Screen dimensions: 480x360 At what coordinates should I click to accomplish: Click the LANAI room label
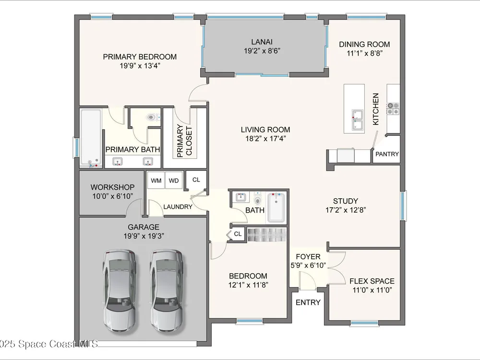(x=262, y=42)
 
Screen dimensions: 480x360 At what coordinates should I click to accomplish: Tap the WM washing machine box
(x=156, y=180)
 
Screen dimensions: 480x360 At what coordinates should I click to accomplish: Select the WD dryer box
(x=174, y=180)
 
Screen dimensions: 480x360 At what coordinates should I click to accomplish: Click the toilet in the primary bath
(x=153, y=117)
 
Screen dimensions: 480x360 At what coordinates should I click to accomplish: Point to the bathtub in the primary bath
(x=91, y=138)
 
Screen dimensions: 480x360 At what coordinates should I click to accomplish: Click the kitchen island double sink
(x=357, y=120)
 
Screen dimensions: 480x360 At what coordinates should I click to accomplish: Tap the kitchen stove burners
(x=393, y=108)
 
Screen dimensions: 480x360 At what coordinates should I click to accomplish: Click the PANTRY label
(x=387, y=154)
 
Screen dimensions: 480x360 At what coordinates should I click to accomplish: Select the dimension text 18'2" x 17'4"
(x=265, y=139)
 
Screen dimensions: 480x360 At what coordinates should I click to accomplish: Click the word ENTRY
(x=308, y=302)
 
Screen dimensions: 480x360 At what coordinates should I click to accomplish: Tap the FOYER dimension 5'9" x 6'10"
(x=308, y=265)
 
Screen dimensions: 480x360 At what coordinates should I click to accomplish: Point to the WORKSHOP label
(x=112, y=187)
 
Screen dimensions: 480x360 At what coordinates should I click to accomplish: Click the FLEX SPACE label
(x=372, y=281)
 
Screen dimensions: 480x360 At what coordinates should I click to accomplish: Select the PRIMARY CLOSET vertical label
(x=185, y=141)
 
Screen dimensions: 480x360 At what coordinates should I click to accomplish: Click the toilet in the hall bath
(x=258, y=199)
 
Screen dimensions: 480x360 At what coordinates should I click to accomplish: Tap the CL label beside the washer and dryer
(x=196, y=180)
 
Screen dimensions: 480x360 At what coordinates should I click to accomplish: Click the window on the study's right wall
(x=404, y=205)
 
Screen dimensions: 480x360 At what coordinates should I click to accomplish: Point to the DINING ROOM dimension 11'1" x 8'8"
(x=364, y=53)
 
